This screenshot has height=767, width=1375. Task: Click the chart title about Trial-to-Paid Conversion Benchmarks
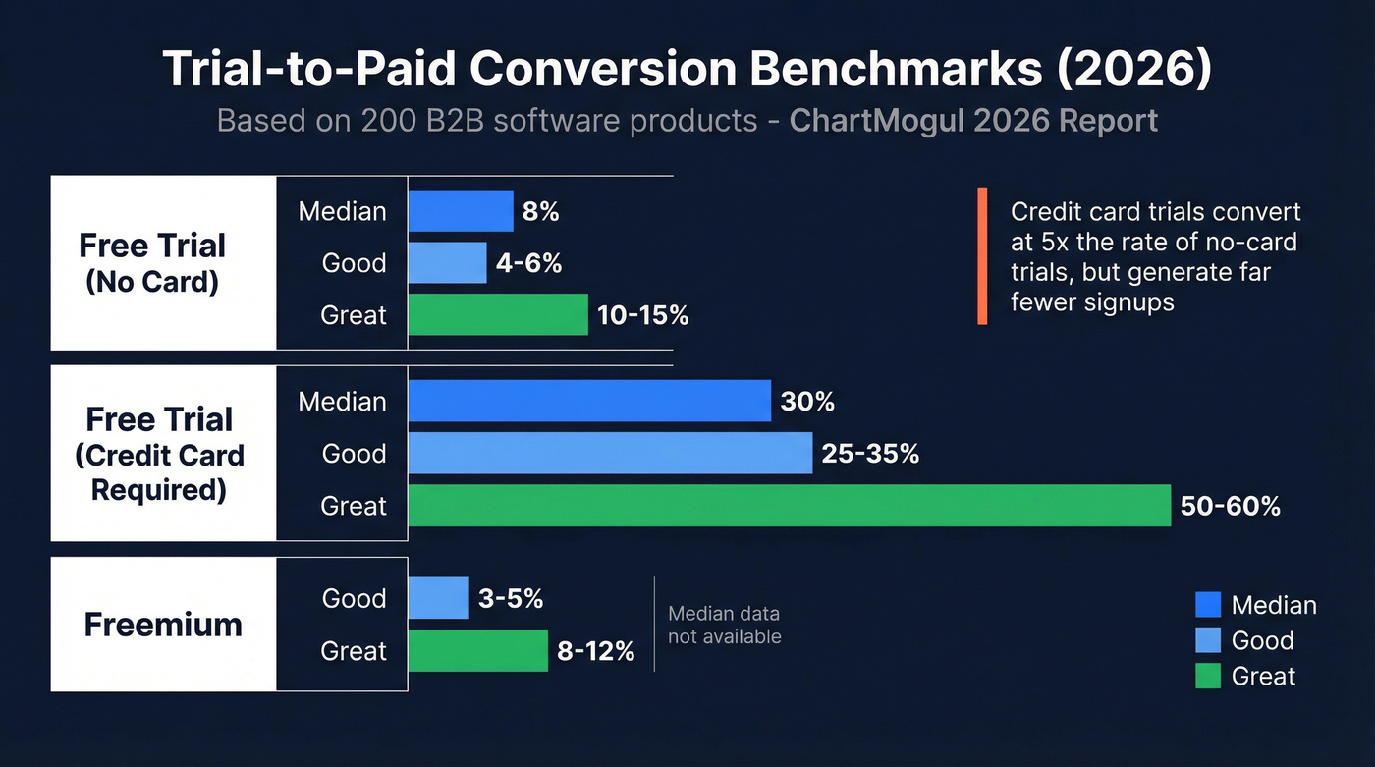pyautogui.click(x=687, y=70)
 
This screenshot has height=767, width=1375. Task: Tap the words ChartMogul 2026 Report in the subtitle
pyautogui.click(x=973, y=120)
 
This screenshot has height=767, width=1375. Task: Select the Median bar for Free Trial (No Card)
pyautogui.click(x=460, y=211)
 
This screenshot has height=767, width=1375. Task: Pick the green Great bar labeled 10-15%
pyautogui.click(x=497, y=315)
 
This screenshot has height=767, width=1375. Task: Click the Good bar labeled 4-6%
pyautogui.click(x=447, y=263)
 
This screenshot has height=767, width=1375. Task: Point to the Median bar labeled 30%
pyautogui.click(x=588, y=402)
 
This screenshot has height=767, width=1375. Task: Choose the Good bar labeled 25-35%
pyautogui.click(x=610, y=454)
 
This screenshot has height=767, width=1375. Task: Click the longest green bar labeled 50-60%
pyautogui.click(x=789, y=506)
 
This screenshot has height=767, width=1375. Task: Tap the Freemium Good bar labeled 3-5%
pyautogui.click(x=438, y=598)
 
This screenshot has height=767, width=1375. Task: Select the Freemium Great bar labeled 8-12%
pyautogui.click(x=477, y=650)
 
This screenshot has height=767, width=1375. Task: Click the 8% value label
pyautogui.click(x=541, y=211)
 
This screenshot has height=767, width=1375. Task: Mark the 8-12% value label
pyautogui.click(x=596, y=650)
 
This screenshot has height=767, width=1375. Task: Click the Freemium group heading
pyautogui.click(x=163, y=625)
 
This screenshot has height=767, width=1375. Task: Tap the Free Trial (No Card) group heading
pyautogui.click(x=153, y=262)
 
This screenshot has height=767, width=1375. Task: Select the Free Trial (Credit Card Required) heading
pyautogui.click(x=159, y=454)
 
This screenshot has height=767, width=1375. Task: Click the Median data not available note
pyautogui.click(x=724, y=625)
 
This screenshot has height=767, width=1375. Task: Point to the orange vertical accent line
pyautogui.click(x=981, y=256)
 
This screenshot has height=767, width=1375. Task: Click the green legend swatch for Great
pyautogui.click(x=1208, y=676)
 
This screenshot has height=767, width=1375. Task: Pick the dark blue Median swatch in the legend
pyautogui.click(x=1208, y=605)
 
